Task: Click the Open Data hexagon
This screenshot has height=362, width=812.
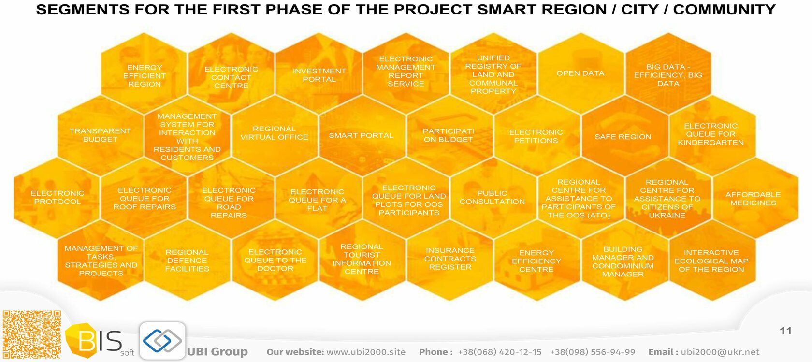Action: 581,73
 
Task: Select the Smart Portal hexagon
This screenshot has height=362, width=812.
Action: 362,135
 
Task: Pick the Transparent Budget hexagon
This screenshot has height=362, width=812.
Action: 101,135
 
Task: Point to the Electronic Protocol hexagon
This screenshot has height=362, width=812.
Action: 57,198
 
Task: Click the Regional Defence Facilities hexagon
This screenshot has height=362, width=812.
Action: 187,260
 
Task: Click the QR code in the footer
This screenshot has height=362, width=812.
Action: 32,334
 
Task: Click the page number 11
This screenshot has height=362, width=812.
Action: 785,331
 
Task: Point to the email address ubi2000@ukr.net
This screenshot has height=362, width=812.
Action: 720,352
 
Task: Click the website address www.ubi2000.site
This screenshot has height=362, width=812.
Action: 366,352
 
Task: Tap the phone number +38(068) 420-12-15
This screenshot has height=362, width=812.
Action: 500,352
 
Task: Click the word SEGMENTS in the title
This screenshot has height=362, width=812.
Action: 83,10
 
